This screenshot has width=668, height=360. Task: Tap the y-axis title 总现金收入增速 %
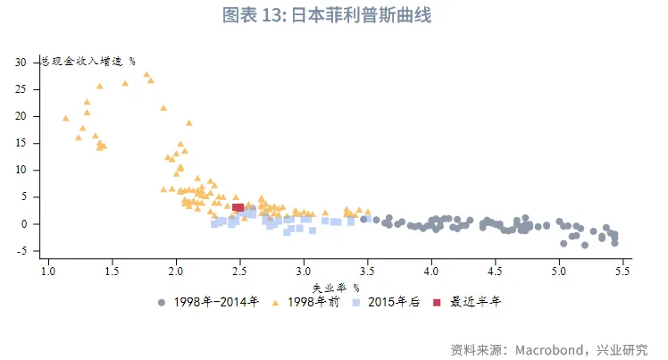[x=88, y=62]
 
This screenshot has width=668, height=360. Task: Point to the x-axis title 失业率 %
[x=335, y=288]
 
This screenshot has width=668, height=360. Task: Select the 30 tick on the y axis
[x=21, y=63]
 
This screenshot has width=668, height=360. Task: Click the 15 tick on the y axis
[x=21, y=143]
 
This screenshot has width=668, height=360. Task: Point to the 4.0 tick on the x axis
[x=431, y=271]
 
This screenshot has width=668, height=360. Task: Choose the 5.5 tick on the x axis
[x=622, y=271]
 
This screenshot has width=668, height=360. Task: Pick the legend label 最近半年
[x=475, y=303]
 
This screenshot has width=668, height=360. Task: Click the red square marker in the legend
[x=437, y=303]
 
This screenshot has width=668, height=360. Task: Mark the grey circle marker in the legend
[x=162, y=303]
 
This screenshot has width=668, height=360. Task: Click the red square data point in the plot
[x=238, y=207]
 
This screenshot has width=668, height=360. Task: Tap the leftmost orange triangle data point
[x=65, y=118]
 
